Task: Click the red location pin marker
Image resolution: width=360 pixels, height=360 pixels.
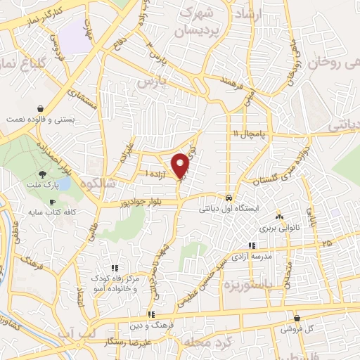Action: click(181, 165)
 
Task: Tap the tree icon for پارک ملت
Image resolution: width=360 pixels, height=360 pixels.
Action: click(44, 175)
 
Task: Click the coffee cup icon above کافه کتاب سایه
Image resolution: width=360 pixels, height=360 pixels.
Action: click(51, 202)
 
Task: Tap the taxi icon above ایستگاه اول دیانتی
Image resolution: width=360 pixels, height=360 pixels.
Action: click(229, 198)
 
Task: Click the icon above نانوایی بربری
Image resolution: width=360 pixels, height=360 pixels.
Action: click(280, 217)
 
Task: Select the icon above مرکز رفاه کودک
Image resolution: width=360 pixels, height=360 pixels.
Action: click(115, 268)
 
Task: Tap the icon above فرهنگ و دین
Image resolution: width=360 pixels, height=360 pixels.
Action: click(150, 315)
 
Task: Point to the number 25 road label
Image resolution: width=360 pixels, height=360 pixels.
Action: click(326, 243)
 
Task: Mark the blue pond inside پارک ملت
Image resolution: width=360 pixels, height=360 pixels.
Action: click(65, 185)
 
